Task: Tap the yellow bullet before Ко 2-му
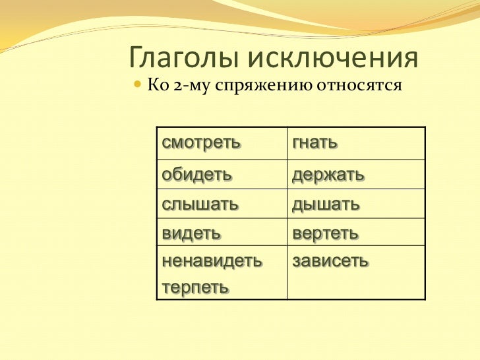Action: point(137,86)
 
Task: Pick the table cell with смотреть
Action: point(222,143)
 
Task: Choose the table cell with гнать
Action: point(356,143)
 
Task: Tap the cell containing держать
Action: point(356,175)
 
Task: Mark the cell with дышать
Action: point(356,204)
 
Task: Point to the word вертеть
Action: point(325,233)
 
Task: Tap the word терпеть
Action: point(196,287)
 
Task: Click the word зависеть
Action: point(330,261)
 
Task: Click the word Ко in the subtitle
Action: point(156,86)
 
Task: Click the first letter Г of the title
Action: point(136,59)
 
